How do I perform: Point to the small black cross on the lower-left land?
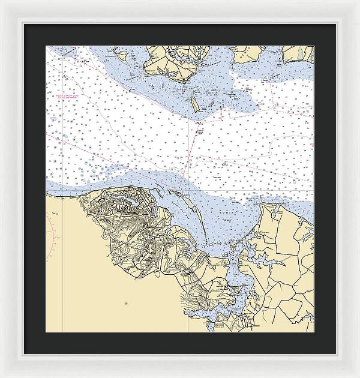point(125,304)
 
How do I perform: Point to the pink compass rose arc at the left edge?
point(53,234)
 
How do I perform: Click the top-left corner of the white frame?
point(2,2)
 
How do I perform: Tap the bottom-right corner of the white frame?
point(358,376)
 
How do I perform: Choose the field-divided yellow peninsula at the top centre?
point(174,60)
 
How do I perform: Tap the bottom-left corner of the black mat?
point(25,355)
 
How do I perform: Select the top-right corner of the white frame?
point(358,2)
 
